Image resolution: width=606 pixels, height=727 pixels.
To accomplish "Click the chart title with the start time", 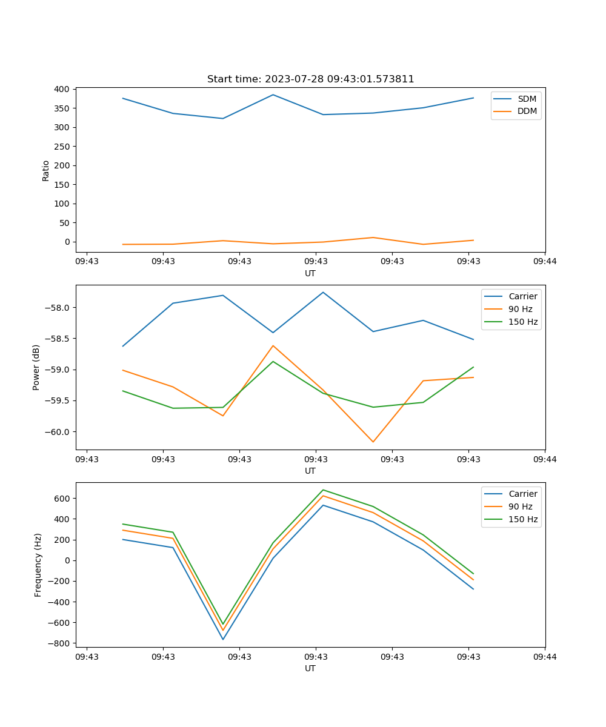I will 310,79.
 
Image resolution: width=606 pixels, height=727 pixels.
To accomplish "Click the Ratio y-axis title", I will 46,170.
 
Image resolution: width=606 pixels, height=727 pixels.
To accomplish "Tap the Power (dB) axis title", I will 36,367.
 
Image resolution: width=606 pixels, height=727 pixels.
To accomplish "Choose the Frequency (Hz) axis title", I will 38,565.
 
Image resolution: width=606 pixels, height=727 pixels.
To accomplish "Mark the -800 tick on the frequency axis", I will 60,643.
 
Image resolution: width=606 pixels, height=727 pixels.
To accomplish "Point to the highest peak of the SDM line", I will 273,95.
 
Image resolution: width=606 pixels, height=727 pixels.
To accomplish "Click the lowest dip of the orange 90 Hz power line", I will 373,442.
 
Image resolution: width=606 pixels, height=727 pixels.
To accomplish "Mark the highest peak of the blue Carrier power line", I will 323,292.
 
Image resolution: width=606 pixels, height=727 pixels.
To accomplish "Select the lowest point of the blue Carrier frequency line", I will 223,639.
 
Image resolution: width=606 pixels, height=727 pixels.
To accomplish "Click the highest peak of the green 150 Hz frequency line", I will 323,490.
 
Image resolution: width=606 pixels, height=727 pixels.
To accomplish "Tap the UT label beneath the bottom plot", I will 310,668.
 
